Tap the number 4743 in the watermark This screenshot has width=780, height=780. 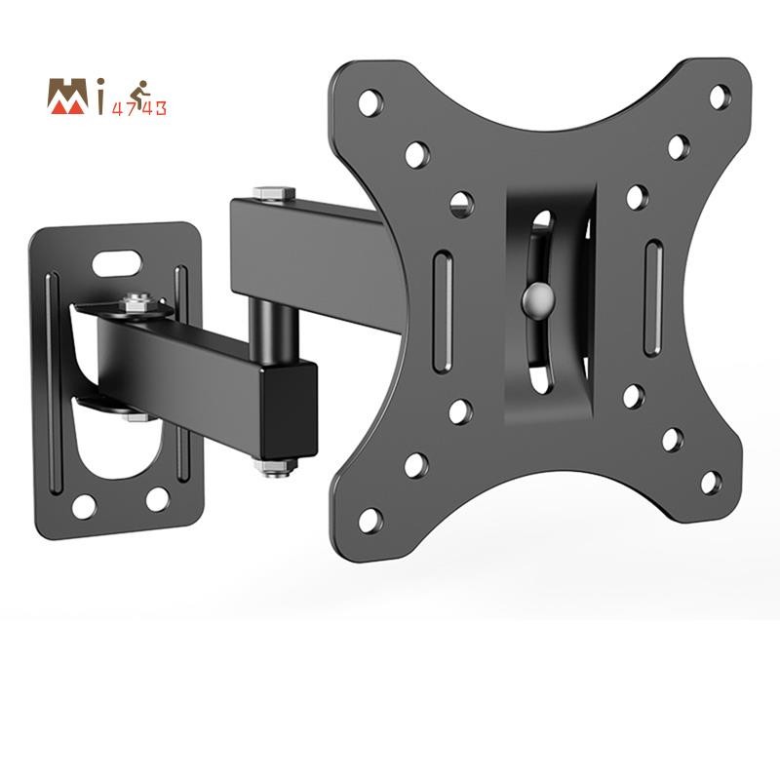(142, 108)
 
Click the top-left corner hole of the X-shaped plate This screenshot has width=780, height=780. (370, 100)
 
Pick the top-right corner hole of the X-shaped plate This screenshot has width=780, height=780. (720, 96)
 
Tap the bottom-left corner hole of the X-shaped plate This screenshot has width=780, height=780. (370, 519)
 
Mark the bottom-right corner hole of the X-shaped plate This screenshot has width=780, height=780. (711, 482)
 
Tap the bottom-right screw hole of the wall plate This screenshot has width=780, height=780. (157, 500)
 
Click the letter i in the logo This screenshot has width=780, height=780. (102, 98)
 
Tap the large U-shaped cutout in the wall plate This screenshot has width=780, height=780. (115, 448)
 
